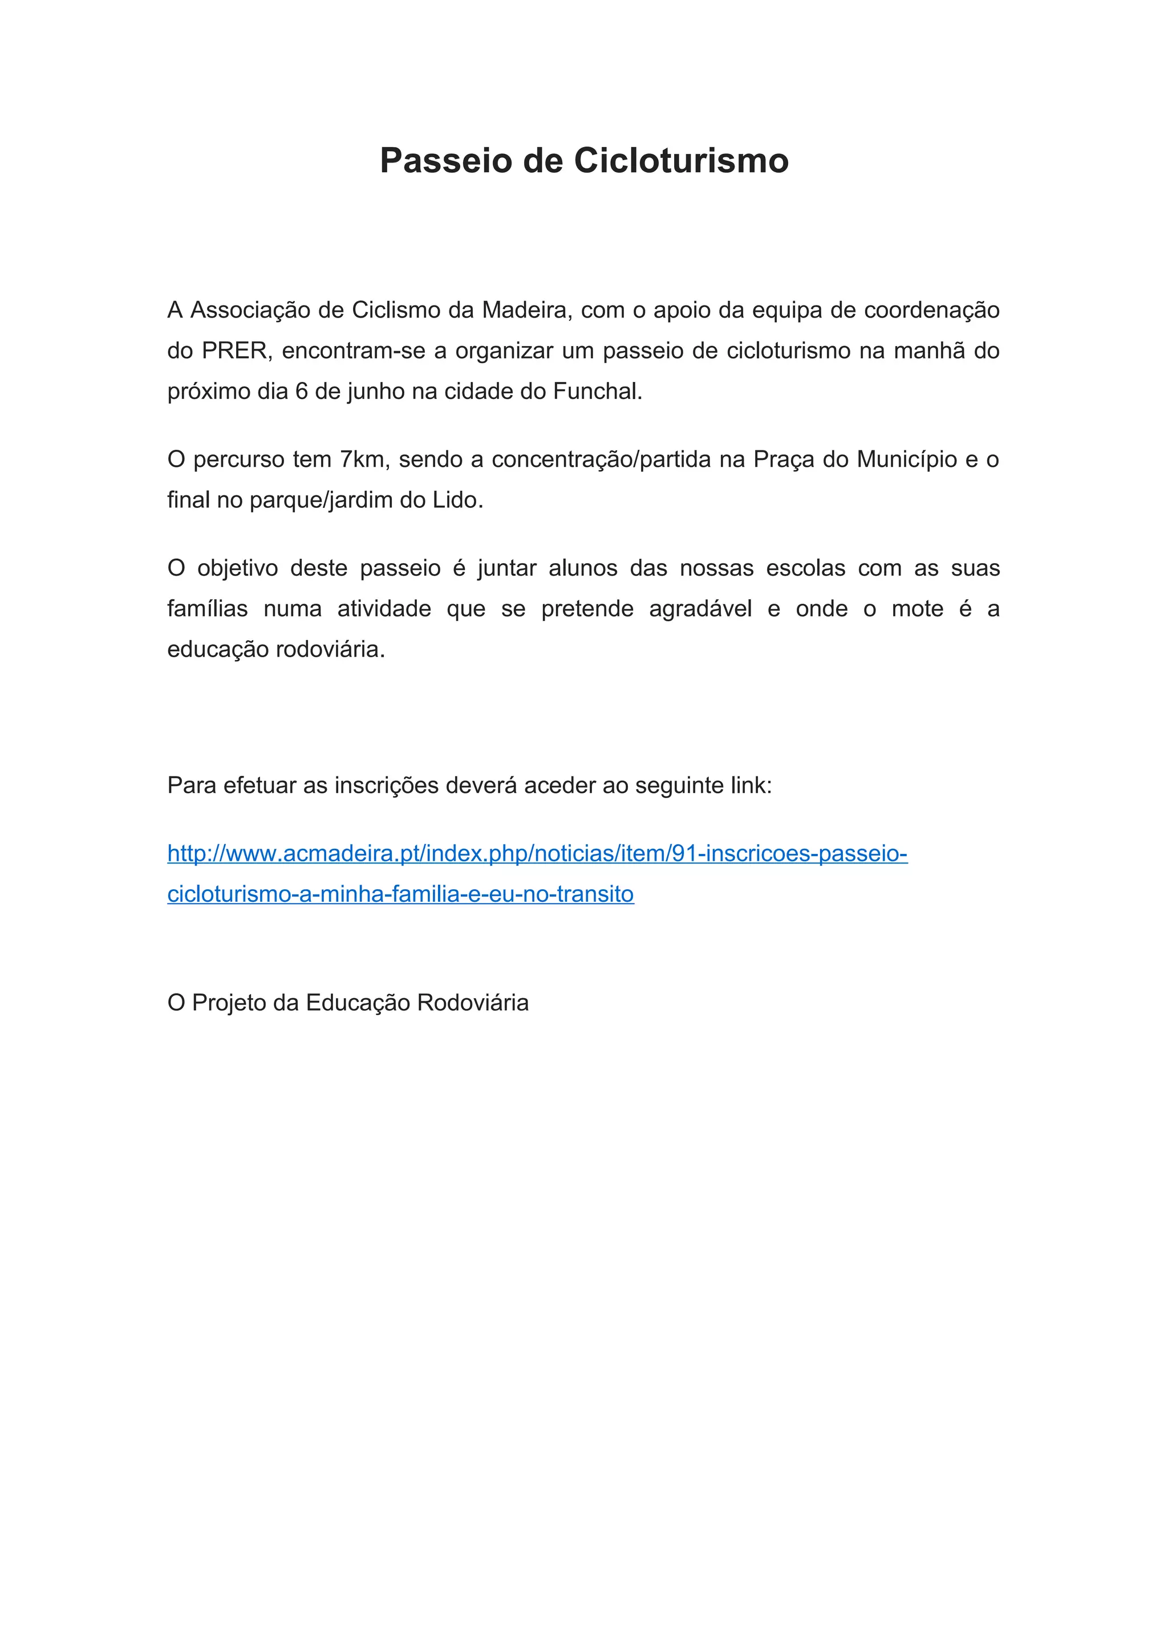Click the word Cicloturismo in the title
pyautogui.click(x=681, y=160)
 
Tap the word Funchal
pyautogui.click(x=597, y=392)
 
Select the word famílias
pyautogui.click(x=207, y=609)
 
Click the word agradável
pyautogui.click(x=700, y=609)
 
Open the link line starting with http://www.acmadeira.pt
pyautogui.click(x=537, y=854)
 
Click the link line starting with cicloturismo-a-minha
pyautogui.click(x=400, y=894)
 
